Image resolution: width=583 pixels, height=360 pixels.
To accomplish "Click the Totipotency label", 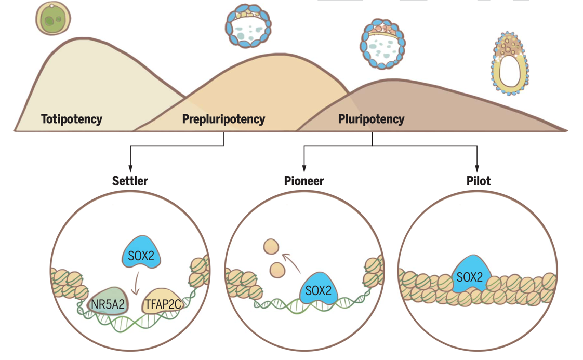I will [72, 119].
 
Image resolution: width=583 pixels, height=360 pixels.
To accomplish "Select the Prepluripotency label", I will [223, 119].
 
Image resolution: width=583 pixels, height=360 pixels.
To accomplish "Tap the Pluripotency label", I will [371, 119].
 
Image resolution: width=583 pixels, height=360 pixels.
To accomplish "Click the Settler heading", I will [130, 181].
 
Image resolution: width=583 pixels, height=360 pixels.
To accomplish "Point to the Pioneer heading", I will [304, 181].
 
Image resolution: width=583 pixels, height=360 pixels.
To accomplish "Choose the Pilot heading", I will [478, 181].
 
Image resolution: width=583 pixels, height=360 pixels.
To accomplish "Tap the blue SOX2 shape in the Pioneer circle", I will [318, 289].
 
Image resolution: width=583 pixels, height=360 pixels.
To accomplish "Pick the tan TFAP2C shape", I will [163, 303].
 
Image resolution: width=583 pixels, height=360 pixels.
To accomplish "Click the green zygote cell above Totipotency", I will [53, 19].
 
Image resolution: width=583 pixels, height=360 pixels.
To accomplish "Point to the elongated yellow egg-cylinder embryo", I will [510, 64].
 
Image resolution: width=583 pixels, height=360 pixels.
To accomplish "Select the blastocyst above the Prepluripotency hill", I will [249, 26].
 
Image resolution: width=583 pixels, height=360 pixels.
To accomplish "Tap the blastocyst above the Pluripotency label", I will [382, 44].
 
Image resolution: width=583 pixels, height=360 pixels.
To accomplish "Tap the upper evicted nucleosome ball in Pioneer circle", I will [271, 246].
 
